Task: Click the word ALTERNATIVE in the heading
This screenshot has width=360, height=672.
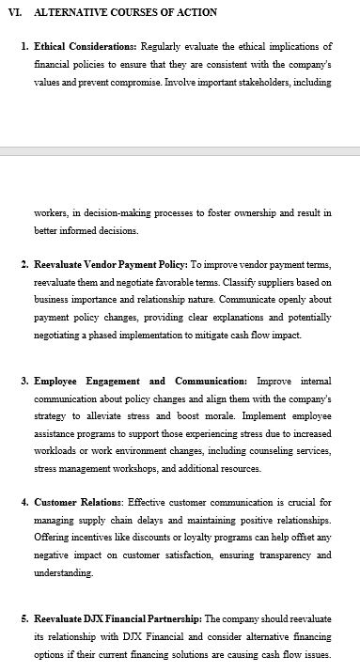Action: click(x=70, y=13)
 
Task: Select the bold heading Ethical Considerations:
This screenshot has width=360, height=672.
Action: click(x=86, y=46)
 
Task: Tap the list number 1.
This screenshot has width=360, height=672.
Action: click(x=23, y=46)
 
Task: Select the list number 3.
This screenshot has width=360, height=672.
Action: click(x=23, y=382)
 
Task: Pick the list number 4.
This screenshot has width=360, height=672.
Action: click(x=23, y=502)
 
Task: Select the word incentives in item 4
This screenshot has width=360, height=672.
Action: click(x=106, y=538)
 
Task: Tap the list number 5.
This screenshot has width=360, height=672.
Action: click(x=23, y=618)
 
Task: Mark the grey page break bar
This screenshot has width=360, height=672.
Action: click(x=180, y=150)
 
